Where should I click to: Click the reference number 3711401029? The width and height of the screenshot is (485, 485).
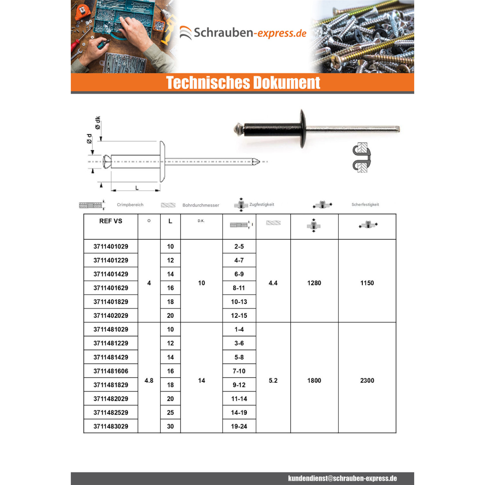(x=111, y=246)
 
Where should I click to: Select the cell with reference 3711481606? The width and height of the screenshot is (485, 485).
(x=111, y=371)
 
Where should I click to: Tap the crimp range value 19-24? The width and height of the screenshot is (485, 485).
(x=239, y=426)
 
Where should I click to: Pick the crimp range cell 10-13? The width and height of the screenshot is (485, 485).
(x=239, y=302)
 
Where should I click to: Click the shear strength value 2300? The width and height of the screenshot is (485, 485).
(x=367, y=381)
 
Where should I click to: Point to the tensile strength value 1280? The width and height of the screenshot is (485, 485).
(x=314, y=283)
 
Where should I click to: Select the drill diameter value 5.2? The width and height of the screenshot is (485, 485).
(x=273, y=381)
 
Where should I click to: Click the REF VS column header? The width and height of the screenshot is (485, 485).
(x=111, y=221)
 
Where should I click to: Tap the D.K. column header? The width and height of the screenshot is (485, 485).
(x=201, y=221)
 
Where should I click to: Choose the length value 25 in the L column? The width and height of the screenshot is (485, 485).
(x=170, y=413)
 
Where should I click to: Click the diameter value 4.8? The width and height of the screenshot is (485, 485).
(x=149, y=381)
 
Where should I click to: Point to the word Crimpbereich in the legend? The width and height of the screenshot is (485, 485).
(x=130, y=205)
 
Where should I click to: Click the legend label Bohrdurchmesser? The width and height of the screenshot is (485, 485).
(x=201, y=205)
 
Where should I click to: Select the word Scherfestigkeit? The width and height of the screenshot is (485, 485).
(x=365, y=204)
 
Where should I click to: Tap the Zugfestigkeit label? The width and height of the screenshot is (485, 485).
(x=262, y=204)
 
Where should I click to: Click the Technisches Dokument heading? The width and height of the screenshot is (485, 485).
(x=243, y=82)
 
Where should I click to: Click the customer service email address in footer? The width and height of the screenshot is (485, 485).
(x=342, y=478)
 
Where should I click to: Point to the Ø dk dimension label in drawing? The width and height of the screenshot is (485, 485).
(x=98, y=123)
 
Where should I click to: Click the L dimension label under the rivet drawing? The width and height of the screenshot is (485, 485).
(x=137, y=188)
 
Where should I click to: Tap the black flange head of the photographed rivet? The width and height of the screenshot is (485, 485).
(x=302, y=129)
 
